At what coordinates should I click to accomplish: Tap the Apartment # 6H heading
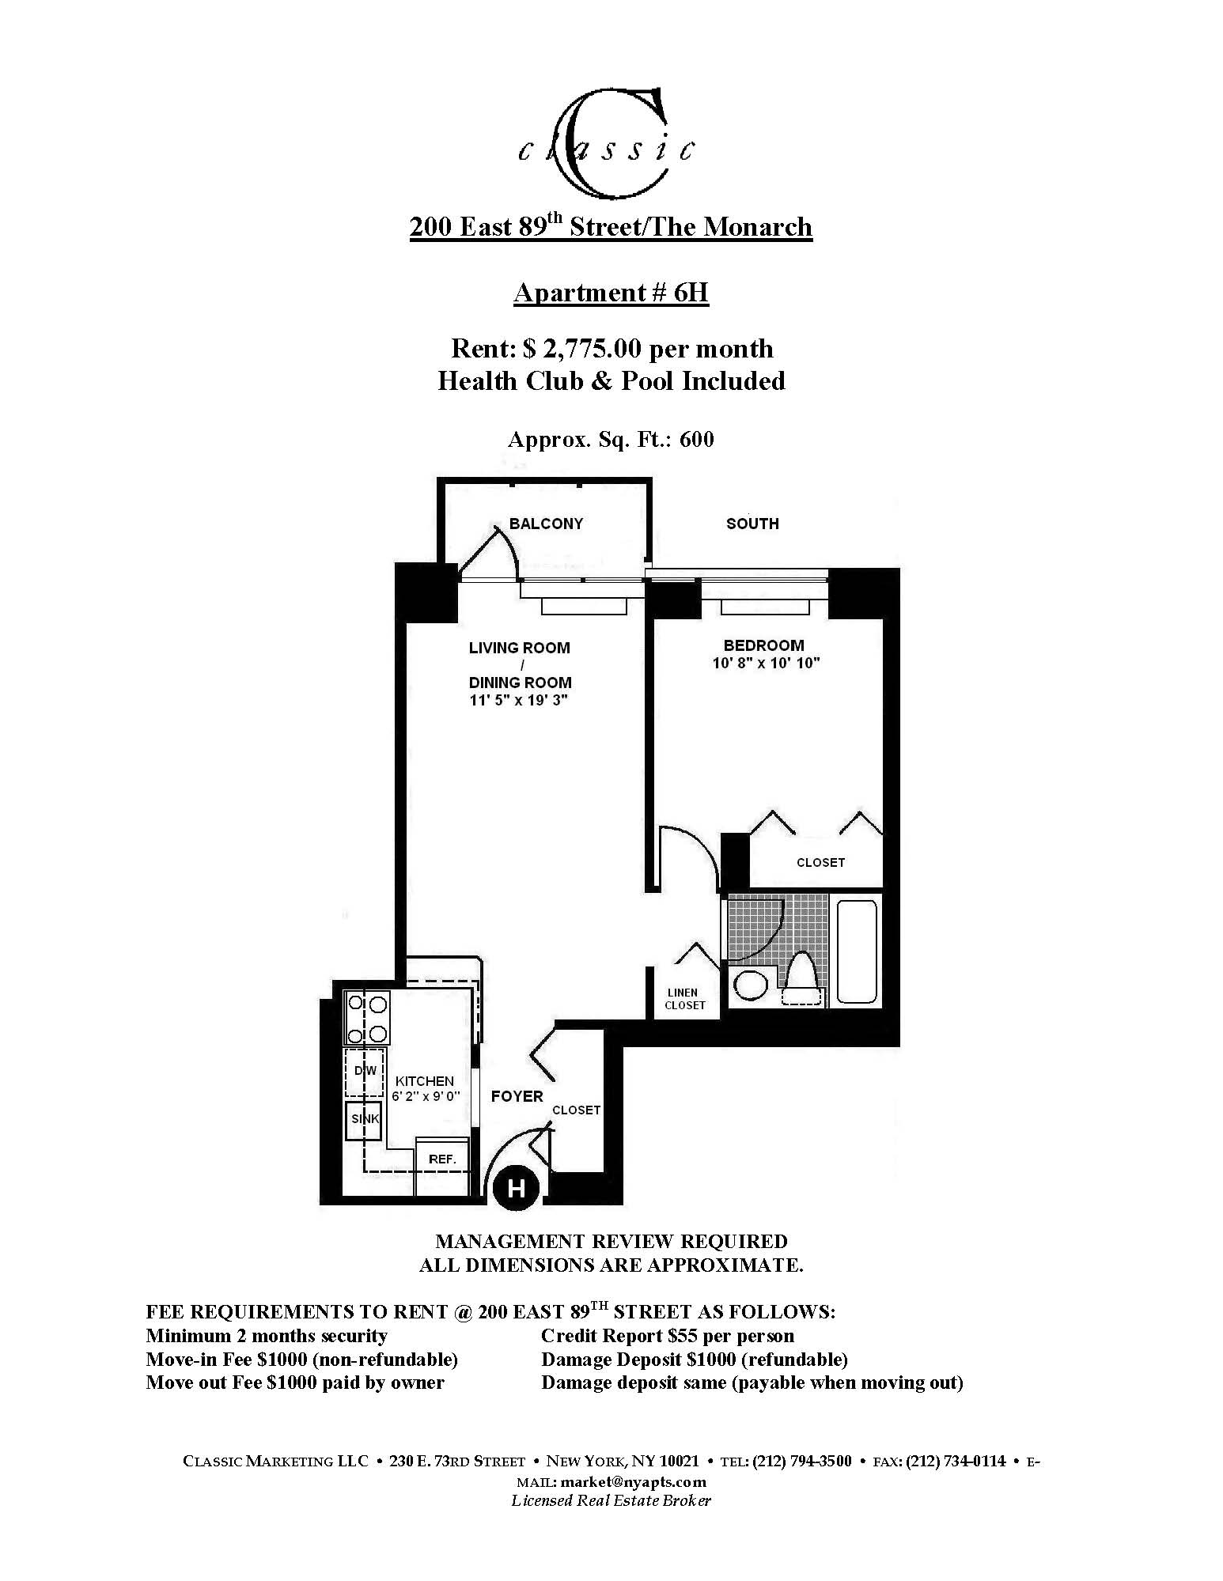click(611, 293)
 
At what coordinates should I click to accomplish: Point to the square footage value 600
click(697, 440)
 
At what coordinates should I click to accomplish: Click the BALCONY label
click(546, 524)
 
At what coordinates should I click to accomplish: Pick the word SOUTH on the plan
click(752, 524)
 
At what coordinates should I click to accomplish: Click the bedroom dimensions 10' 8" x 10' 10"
click(765, 663)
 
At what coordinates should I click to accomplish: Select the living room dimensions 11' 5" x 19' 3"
click(519, 700)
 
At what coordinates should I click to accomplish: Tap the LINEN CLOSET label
click(684, 999)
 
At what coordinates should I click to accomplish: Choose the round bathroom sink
click(751, 985)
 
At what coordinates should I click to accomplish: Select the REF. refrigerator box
click(442, 1159)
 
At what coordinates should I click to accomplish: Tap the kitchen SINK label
click(364, 1119)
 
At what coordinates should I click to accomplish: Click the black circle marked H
click(516, 1188)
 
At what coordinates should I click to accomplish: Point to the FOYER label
click(517, 1096)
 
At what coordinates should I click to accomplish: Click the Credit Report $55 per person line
click(667, 1336)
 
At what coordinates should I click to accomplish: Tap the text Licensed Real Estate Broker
click(611, 1500)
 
